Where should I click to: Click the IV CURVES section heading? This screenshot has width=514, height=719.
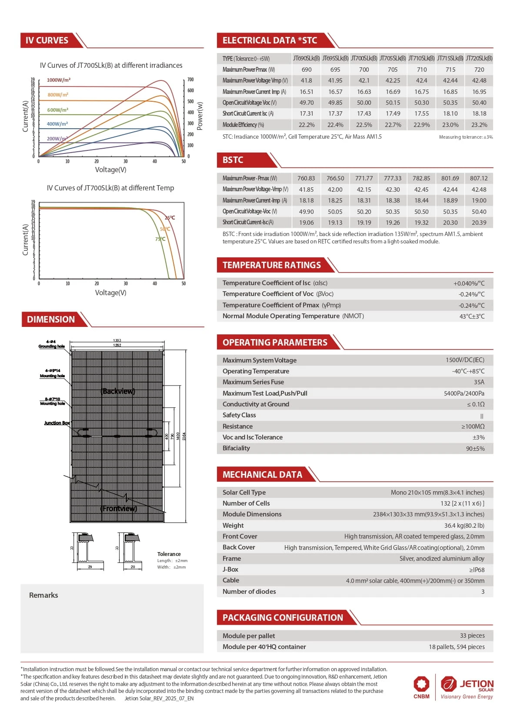[x=47, y=40]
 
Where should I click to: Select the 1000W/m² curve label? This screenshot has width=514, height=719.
[x=59, y=80]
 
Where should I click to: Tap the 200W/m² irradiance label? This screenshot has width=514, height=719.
[x=57, y=139]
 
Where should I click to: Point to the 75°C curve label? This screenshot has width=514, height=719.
[x=160, y=239]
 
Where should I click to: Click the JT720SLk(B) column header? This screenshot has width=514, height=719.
[x=479, y=58]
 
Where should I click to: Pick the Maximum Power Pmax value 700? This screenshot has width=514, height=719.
[x=364, y=70]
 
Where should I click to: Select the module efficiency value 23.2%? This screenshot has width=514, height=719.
[x=479, y=125]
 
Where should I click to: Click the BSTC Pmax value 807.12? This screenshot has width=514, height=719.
[x=479, y=178]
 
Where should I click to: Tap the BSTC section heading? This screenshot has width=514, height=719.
[x=233, y=160]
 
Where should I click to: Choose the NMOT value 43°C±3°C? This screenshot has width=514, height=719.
[x=471, y=316]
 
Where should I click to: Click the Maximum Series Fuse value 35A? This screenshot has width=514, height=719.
[x=479, y=382]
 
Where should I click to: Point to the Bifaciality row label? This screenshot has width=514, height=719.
[x=236, y=448]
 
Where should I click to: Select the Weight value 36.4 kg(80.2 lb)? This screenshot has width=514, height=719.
[x=464, y=526]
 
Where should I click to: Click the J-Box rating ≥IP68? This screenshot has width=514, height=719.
[x=477, y=569]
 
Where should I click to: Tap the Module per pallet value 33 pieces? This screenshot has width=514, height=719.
[x=472, y=636]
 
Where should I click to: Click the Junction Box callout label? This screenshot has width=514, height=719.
[x=57, y=423]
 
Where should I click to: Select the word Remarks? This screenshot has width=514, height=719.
[x=43, y=595]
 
